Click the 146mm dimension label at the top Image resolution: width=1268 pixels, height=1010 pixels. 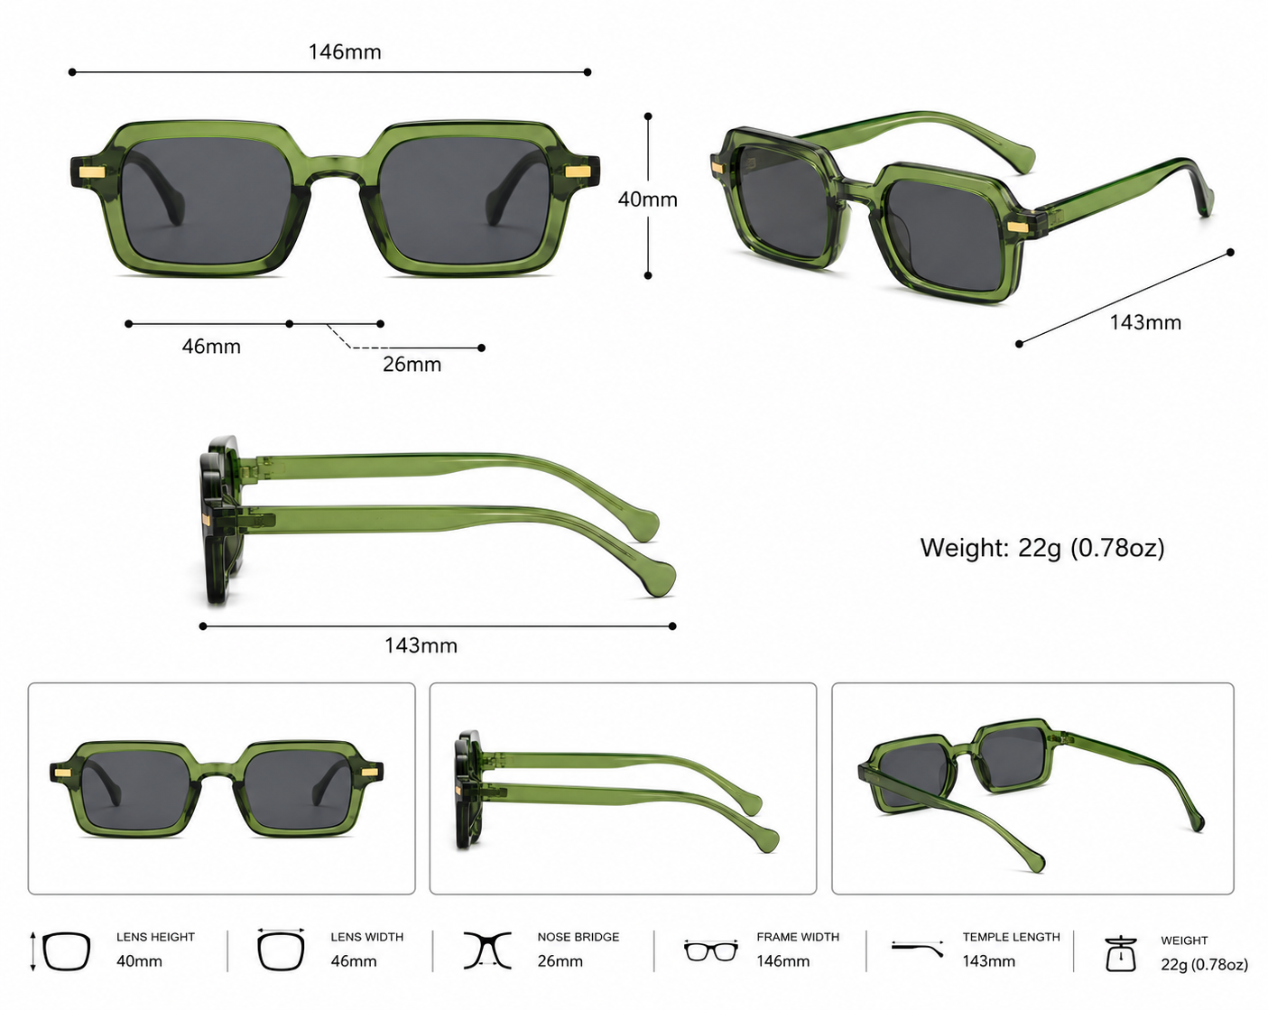(345, 51)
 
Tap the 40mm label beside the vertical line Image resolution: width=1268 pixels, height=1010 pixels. (648, 199)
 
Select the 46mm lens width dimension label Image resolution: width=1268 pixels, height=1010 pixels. (211, 347)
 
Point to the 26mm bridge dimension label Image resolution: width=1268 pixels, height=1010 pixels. (412, 364)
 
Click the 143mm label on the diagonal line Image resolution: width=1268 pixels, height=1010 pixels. (1145, 323)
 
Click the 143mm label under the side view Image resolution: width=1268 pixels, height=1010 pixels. (421, 646)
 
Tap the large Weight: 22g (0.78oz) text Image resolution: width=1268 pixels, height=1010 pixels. (1042, 548)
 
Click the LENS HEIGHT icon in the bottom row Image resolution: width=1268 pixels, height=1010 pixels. (60, 951)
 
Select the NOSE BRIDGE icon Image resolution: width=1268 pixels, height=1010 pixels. (487, 950)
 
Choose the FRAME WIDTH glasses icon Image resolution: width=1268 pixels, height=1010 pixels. (711, 950)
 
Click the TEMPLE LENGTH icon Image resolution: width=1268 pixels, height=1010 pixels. (917, 949)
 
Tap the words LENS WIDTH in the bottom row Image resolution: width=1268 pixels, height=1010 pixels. (367, 937)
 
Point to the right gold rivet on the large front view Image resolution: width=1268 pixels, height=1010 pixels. (577, 171)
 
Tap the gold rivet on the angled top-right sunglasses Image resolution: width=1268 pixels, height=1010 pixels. (1017, 227)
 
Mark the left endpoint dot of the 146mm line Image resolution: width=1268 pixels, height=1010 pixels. (72, 72)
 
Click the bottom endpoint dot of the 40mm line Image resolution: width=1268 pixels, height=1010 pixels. (648, 276)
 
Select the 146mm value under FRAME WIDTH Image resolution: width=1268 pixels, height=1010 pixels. (783, 961)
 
